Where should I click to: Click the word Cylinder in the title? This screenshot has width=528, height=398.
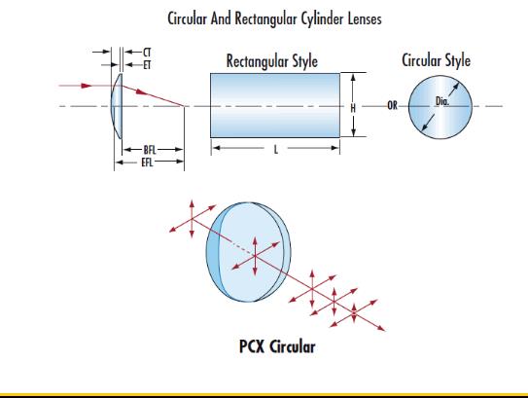(x=323, y=18)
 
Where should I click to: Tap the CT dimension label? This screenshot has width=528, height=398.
(x=147, y=53)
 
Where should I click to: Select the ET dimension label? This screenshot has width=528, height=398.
(x=147, y=65)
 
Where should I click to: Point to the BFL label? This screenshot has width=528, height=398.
(x=150, y=150)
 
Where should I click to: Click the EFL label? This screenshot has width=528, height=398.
(x=147, y=163)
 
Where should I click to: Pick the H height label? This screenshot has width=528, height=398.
(x=353, y=108)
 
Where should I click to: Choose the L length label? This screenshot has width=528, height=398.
(x=276, y=149)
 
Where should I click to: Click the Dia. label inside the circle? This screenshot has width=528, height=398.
(x=442, y=101)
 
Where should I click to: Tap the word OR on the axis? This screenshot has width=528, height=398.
(x=392, y=106)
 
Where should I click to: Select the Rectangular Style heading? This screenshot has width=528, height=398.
(x=272, y=61)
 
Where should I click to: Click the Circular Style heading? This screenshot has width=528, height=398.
(x=436, y=60)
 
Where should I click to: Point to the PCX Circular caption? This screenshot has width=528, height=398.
(x=277, y=346)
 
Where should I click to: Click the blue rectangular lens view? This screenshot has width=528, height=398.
(x=275, y=105)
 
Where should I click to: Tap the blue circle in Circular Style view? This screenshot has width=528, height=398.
(x=440, y=107)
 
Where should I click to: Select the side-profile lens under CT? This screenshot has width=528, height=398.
(x=117, y=106)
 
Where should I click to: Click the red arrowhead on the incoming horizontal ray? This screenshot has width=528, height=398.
(x=87, y=86)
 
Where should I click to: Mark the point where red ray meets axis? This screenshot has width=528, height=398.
(x=184, y=106)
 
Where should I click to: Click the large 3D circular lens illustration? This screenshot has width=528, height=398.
(x=249, y=252)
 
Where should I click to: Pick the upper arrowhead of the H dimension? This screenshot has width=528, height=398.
(x=353, y=78)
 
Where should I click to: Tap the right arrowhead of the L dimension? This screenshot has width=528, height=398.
(x=335, y=148)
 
